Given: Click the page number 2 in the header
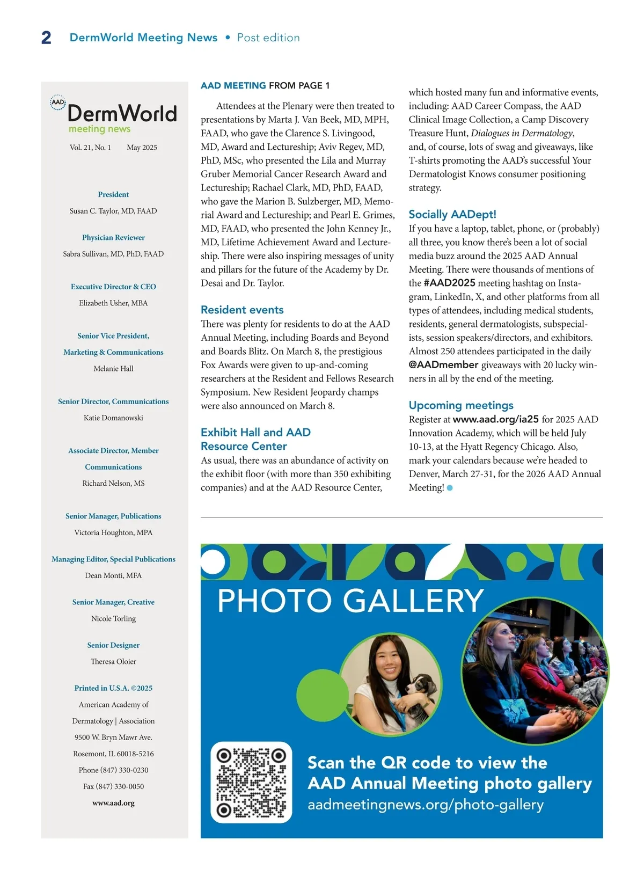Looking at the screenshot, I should [46, 38].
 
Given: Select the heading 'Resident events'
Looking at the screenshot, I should [242, 310].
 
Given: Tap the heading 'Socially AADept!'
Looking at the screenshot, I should [452, 214].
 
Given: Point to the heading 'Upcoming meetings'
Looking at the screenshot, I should [461, 405].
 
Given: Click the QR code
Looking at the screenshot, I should [251, 782].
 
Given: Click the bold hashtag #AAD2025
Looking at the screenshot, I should [449, 283].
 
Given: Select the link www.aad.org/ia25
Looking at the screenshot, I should [495, 419].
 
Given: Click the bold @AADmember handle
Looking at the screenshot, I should [443, 365].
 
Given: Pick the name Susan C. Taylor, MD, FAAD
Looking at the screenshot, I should [113, 211].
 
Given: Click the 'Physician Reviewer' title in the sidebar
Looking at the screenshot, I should [113, 237].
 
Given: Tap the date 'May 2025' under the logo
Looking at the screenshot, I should [142, 148].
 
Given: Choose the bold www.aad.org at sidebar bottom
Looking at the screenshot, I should [113, 803].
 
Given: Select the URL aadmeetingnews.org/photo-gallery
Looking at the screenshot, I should [425, 805].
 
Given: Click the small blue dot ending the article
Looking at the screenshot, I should [450, 488].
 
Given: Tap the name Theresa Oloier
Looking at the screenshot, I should [113, 661].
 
